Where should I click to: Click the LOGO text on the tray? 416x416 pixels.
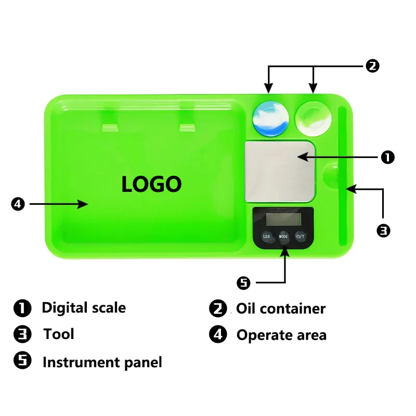(x=151, y=184)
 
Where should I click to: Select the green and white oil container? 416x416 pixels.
(x=313, y=116)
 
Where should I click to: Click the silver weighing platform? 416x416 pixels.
(x=280, y=171)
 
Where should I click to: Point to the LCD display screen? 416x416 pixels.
(x=283, y=217)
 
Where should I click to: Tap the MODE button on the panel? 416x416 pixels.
(x=283, y=236)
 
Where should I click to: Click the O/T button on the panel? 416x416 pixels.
(x=301, y=236)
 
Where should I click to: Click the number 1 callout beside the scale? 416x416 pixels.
(x=388, y=156)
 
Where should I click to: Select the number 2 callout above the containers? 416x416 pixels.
(x=372, y=66)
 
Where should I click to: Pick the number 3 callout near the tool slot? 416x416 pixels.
(x=383, y=230)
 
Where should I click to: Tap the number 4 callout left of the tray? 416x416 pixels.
(x=18, y=204)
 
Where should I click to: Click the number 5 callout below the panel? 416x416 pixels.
(x=243, y=283)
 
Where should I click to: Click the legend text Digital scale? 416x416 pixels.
(x=84, y=308)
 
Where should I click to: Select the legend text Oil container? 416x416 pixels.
(x=281, y=309)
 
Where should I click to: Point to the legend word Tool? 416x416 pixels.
(x=59, y=334)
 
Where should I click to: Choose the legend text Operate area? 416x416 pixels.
(x=281, y=335)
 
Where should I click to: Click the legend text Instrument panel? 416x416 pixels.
(x=102, y=362)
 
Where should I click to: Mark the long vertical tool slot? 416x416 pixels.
(x=343, y=177)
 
